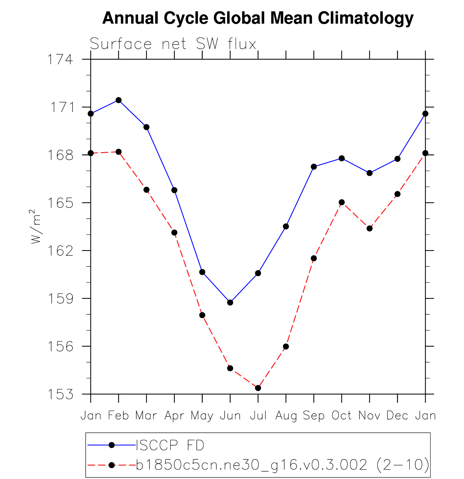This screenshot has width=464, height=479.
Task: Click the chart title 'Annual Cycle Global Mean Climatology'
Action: click(258, 18)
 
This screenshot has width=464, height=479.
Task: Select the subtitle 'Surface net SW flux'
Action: click(173, 44)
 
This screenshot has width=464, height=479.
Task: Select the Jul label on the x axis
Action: click(258, 416)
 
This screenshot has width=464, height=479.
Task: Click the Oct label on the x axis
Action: click(342, 416)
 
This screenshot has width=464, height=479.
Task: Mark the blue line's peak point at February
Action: click(119, 100)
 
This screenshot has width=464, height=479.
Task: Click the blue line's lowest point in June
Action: click(230, 303)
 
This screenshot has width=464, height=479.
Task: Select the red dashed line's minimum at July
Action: click(258, 388)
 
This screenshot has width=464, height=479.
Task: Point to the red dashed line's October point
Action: click(342, 202)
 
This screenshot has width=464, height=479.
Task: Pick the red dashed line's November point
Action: click(370, 229)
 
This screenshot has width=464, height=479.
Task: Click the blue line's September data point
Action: click(314, 167)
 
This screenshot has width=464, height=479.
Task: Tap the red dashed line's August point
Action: click(286, 347)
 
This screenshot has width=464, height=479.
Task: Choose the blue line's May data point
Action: click(202, 272)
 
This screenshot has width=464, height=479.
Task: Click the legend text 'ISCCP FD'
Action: click(170, 445)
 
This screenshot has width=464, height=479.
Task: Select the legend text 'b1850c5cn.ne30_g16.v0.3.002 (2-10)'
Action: click(282, 465)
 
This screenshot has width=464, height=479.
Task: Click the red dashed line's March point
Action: click(147, 190)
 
